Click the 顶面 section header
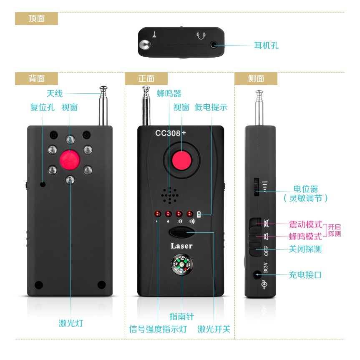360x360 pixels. click(37, 19)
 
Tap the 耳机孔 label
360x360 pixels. click(266, 45)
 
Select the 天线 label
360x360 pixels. click(54, 94)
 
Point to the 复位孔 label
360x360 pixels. click(42, 107)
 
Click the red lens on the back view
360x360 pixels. click(70, 160)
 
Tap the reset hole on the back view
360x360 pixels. click(43, 184)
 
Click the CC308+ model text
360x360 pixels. click(170, 133)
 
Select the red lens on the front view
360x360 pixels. click(181, 160)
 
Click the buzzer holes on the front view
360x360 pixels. click(170, 195)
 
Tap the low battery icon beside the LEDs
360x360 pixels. click(199, 214)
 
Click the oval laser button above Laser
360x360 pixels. click(182, 232)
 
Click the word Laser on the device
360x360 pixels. click(181, 246)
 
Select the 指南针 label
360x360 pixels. click(181, 317)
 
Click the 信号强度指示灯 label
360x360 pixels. click(158, 329)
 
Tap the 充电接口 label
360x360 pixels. click(305, 275)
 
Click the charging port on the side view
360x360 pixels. click(257, 274)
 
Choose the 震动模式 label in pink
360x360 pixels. click(306, 224)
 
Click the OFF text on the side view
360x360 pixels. click(266, 251)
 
